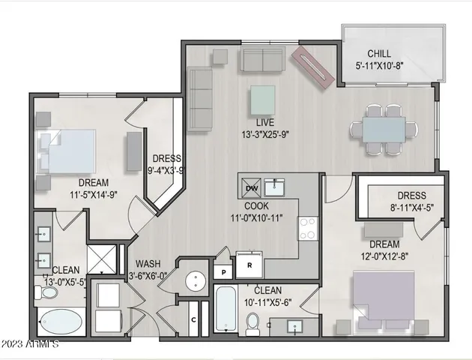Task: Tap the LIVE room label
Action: [x=262, y=121]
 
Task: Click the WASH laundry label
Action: [x=151, y=264]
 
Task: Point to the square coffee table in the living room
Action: [x=262, y=97]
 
